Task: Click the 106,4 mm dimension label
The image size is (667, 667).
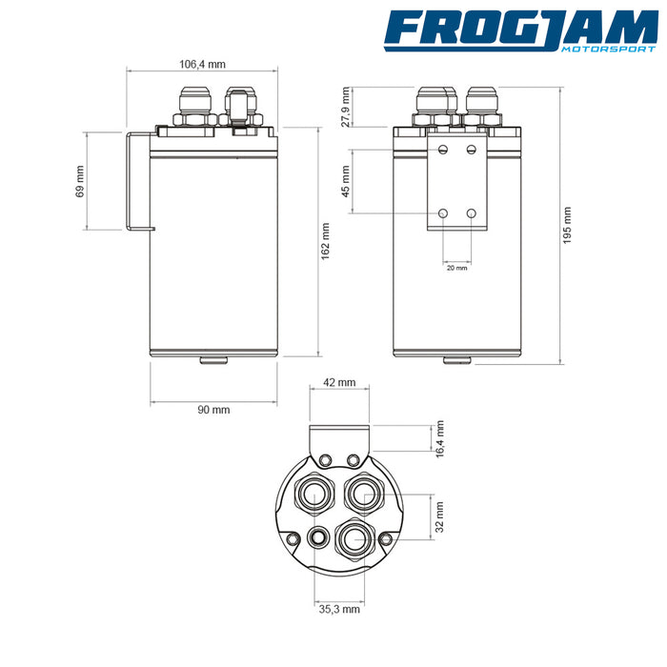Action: (202, 64)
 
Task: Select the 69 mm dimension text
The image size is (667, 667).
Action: (79, 182)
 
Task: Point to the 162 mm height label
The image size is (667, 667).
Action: (326, 241)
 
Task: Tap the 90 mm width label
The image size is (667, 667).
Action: (213, 410)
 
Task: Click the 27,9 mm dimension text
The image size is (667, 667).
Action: (345, 107)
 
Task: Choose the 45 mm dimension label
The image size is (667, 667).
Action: (345, 181)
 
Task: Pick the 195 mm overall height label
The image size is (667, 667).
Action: (567, 225)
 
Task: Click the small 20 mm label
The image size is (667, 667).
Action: (456, 268)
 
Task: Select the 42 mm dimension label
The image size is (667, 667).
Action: (339, 382)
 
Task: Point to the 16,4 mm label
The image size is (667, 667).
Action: (440, 439)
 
